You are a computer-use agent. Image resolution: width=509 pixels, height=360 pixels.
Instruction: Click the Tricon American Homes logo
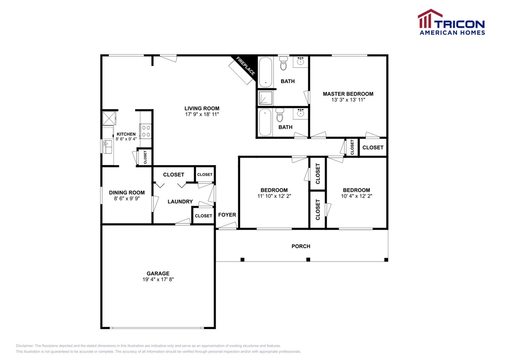[x=451, y=22]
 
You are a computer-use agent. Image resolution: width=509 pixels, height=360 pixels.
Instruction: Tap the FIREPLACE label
[x=245, y=66]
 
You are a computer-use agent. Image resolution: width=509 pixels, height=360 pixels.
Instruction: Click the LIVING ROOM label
[x=202, y=108]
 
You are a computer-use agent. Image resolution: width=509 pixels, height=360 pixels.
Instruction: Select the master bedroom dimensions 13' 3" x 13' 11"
[x=348, y=100]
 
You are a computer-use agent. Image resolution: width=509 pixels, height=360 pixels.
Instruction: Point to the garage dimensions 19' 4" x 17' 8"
[x=158, y=279]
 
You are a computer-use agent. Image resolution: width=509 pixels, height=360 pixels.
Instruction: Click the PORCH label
[x=301, y=246]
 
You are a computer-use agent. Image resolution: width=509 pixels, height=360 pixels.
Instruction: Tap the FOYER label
[x=227, y=215]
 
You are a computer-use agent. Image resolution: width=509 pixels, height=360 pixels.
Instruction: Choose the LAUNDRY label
[x=180, y=202]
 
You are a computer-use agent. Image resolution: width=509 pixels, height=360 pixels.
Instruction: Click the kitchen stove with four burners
[x=146, y=131]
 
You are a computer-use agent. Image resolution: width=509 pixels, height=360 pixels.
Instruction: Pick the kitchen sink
[x=108, y=147]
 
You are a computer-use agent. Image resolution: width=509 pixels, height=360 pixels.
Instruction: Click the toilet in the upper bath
[x=284, y=63]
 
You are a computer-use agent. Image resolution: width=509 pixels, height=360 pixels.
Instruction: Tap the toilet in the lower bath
[x=279, y=115]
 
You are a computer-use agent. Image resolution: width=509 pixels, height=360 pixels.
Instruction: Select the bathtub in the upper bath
[x=265, y=73]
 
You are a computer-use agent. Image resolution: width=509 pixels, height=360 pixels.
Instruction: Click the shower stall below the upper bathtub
[x=265, y=98]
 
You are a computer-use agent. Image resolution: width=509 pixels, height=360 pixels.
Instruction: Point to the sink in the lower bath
[x=301, y=113]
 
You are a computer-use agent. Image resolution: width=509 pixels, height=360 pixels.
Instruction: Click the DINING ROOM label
[x=127, y=192]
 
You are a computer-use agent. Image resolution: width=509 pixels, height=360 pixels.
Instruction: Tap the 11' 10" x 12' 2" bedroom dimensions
[x=274, y=196]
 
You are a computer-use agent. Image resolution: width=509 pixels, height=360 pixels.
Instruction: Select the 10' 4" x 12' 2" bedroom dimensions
[x=356, y=196]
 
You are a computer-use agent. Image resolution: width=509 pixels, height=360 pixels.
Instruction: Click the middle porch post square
[x=308, y=259]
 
